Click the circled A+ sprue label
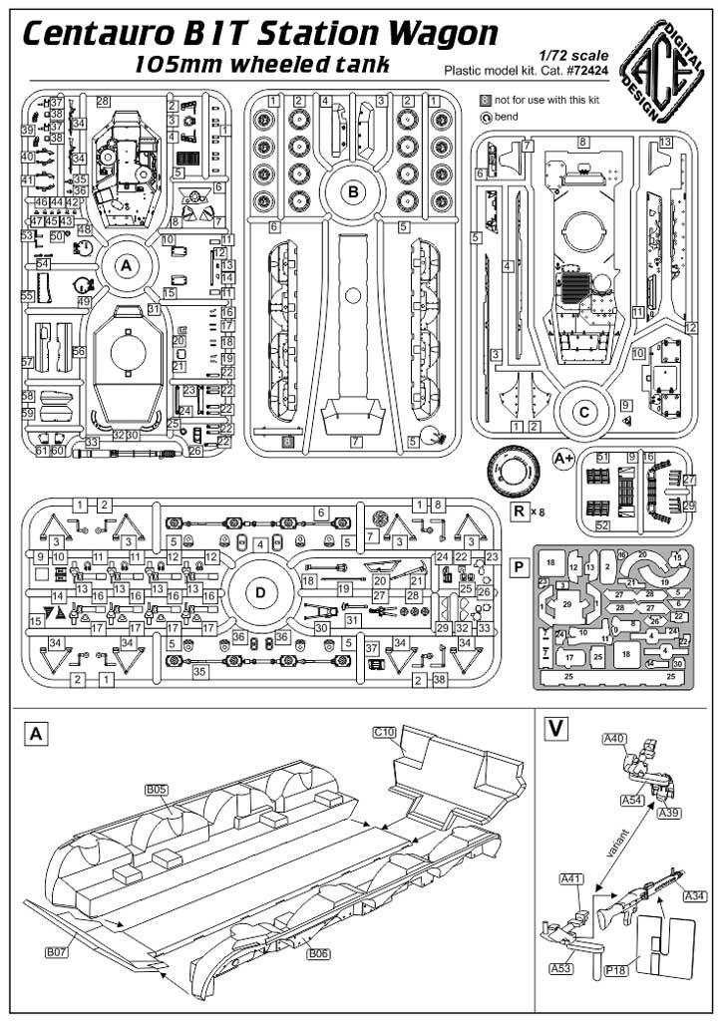tap(564, 459)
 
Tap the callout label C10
tap(385, 732)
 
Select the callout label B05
tap(156, 789)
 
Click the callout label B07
tap(57, 953)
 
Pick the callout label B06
tap(319, 954)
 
